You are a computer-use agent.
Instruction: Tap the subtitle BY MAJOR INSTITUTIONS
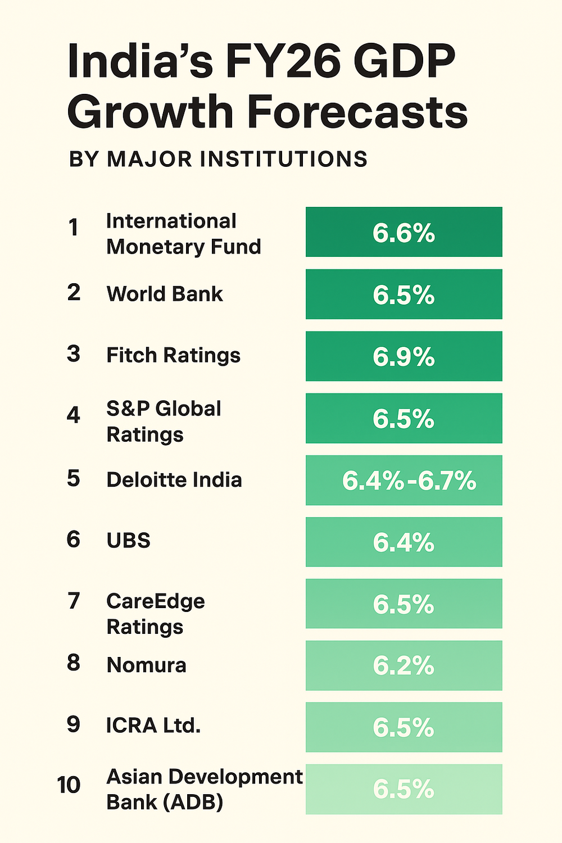coord(218,159)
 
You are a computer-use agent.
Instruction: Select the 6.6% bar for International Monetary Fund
coord(404,232)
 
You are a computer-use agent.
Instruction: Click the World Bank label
coord(165,294)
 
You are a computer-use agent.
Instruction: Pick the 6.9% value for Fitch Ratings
coord(404,357)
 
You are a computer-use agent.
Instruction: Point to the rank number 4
coord(74,415)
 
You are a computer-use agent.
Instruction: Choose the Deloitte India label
coord(174,479)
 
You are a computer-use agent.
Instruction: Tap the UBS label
coord(129,540)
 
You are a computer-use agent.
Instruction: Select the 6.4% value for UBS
coord(404,542)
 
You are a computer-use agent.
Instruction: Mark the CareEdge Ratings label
coord(156,614)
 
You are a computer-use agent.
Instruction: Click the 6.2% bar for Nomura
coord(404,666)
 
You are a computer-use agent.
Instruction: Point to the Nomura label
coord(146,665)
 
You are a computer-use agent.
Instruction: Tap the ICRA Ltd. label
coord(153,726)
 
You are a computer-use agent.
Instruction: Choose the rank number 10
coord(69,785)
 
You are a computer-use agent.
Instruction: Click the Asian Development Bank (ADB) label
coord(204,789)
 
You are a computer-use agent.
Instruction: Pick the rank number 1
coord(74,228)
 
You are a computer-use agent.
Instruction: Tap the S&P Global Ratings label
coord(164,422)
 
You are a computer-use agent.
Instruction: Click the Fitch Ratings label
coord(174,355)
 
